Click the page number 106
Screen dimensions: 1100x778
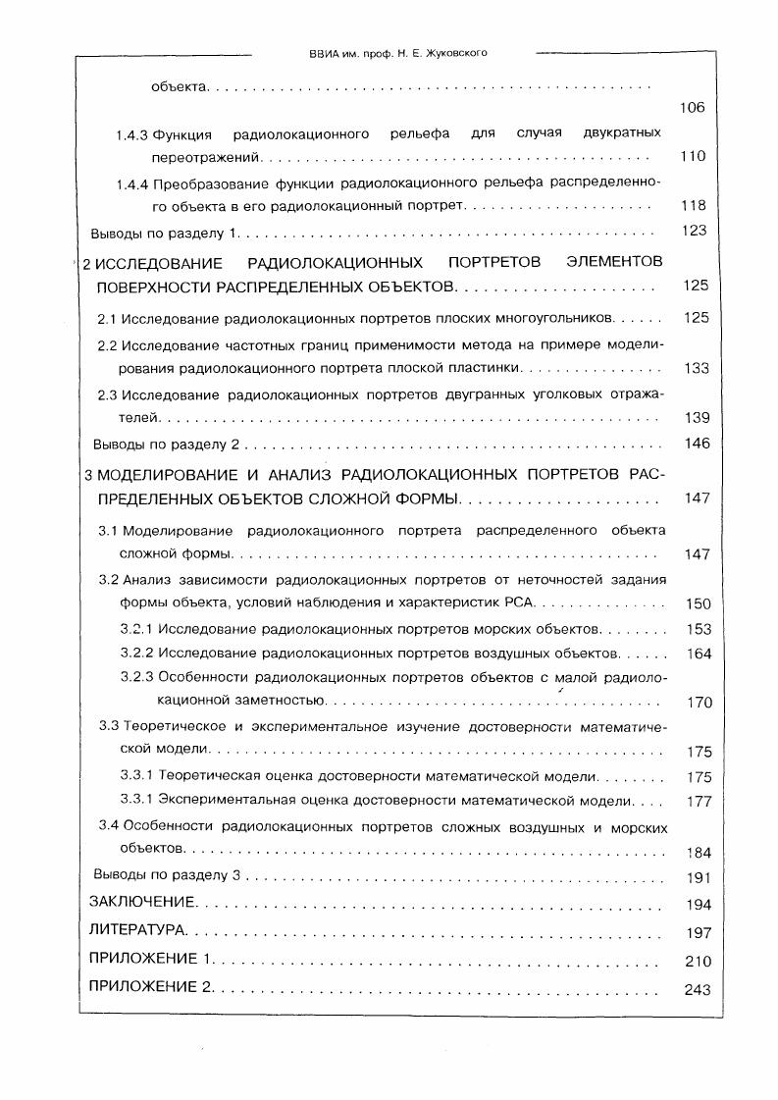click(x=692, y=108)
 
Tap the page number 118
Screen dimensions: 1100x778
click(x=693, y=206)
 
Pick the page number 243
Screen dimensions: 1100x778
click(x=697, y=989)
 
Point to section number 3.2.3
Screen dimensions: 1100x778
click(x=136, y=677)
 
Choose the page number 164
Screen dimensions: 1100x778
click(x=699, y=654)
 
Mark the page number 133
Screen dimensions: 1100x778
click(x=696, y=368)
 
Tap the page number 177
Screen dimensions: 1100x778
click(x=699, y=802)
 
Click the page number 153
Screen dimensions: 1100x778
click(x=699, y=629)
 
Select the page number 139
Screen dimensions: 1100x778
click(x=696, y=418)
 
